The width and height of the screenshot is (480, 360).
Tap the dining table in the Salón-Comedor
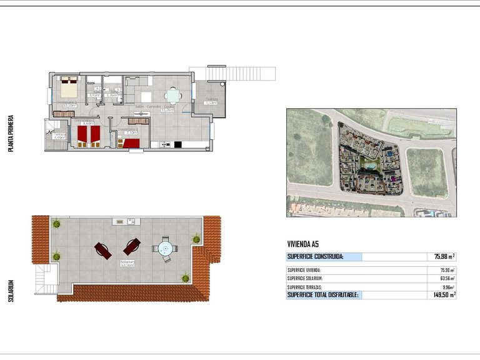[173, 96]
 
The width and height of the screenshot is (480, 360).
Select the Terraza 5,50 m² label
[212, 101]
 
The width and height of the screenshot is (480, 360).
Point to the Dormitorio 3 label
[127, 131]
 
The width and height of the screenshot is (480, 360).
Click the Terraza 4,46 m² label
[59, 136]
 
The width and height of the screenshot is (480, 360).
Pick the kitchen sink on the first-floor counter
[166, 145]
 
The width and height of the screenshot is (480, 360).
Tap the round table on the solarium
[165, 249]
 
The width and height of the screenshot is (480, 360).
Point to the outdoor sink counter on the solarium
[125, 221]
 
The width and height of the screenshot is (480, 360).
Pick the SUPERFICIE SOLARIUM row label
[309, 278]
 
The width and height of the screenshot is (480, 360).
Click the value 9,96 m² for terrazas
[446, 286]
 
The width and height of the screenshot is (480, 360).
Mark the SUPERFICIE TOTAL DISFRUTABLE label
[322, 294]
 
